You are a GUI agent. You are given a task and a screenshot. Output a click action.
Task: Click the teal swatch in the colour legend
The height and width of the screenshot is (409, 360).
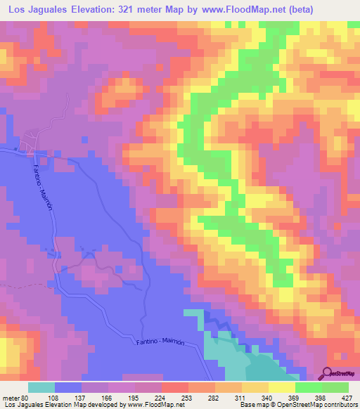(x=41, y=387)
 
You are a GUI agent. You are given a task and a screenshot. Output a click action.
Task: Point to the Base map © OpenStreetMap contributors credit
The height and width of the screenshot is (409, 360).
(x=304, y=405)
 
